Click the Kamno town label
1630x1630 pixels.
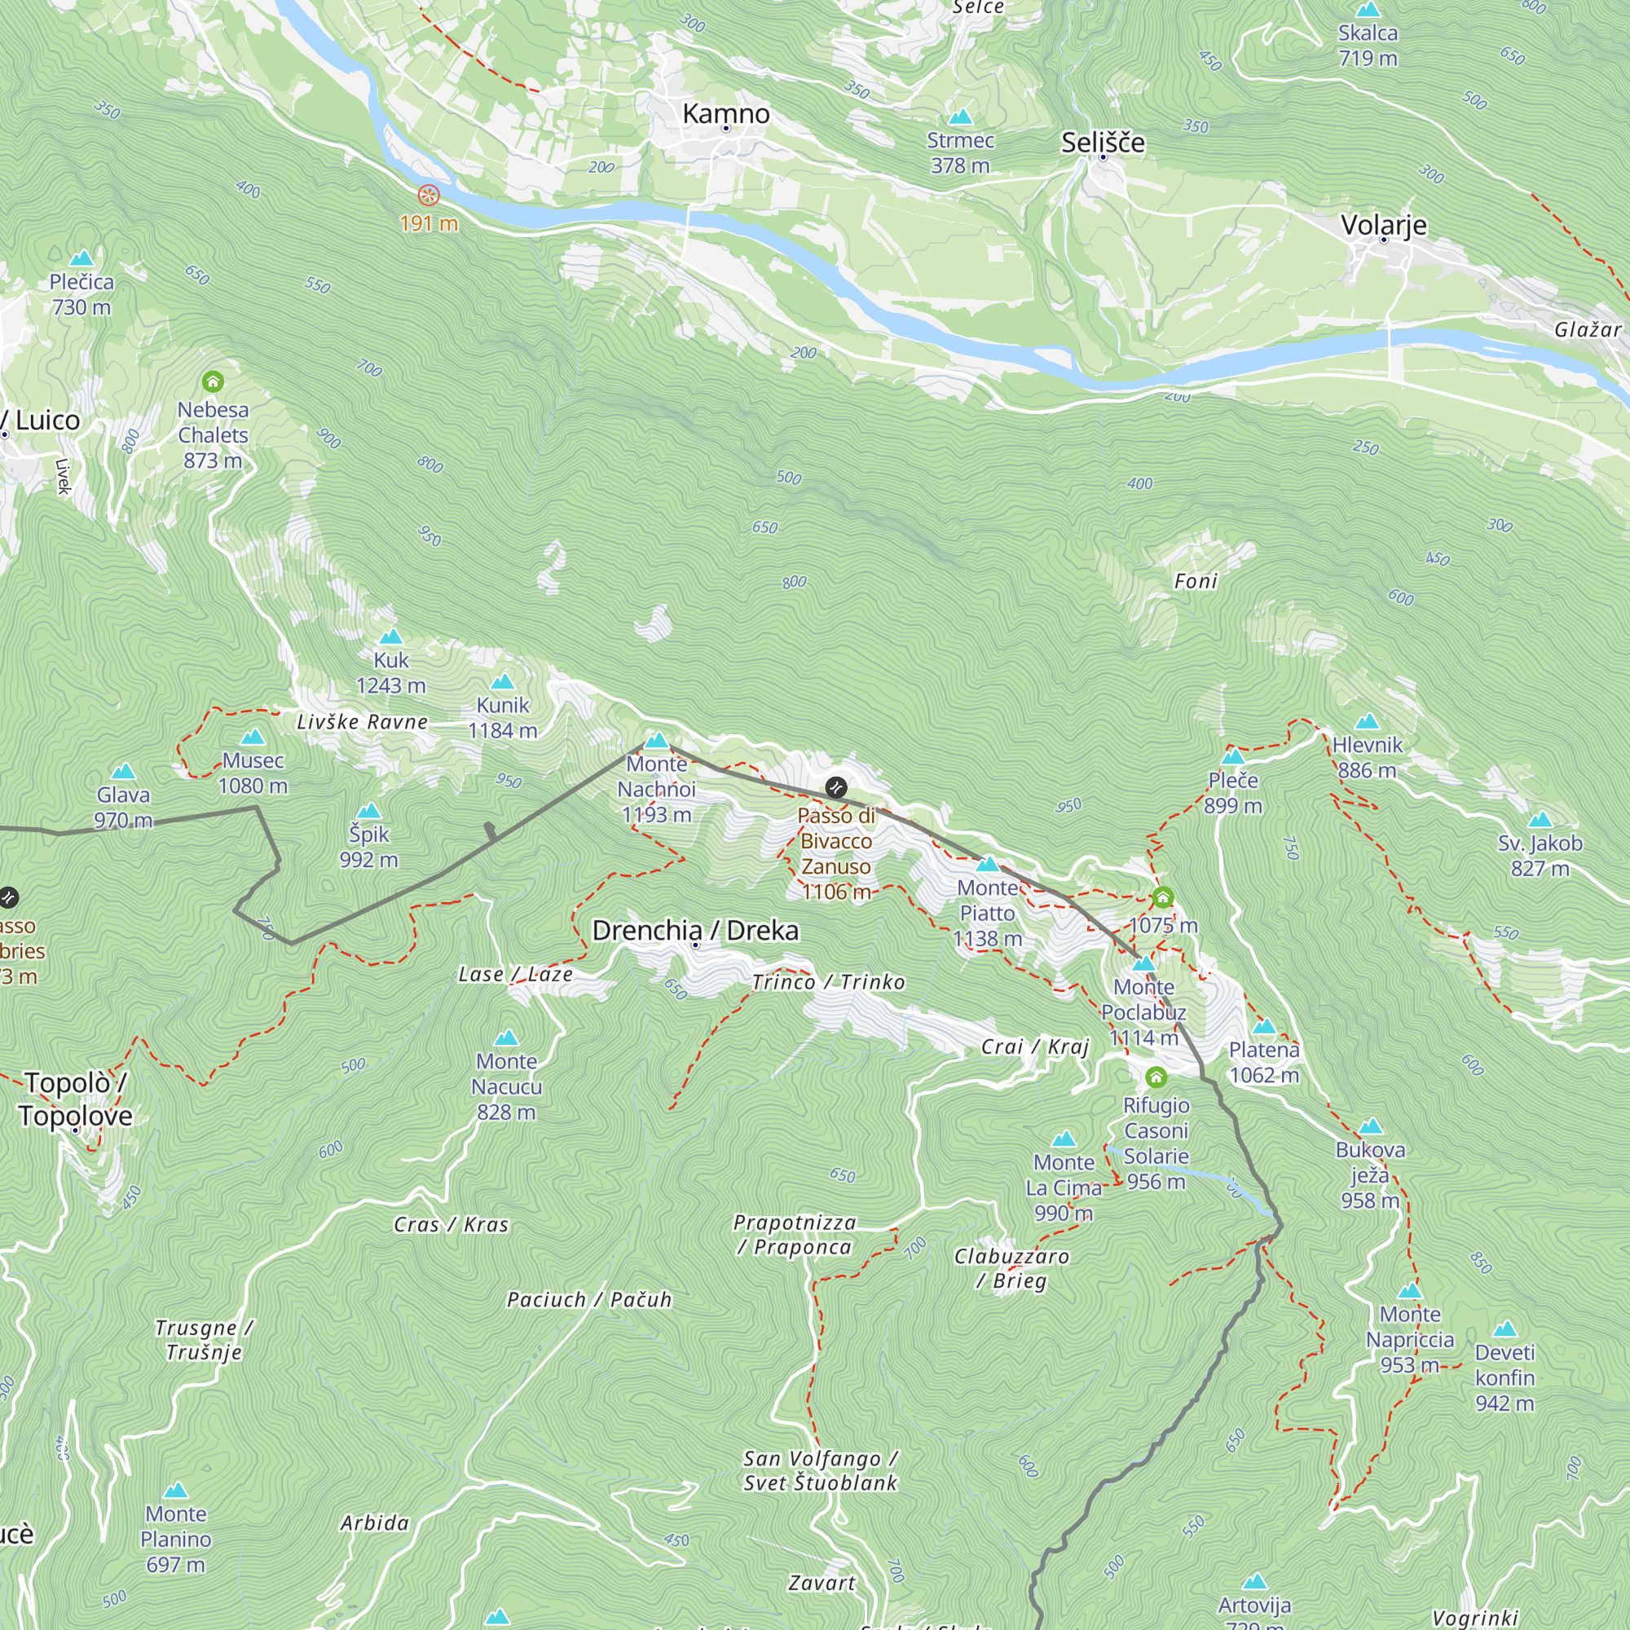[x=725, y=114]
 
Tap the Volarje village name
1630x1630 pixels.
[x=1384, y=225]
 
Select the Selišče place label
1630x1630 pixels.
[x=1103, y=143]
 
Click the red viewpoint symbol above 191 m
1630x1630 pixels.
[x=429, y=196]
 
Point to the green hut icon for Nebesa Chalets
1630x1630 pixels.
[x=213, y=382]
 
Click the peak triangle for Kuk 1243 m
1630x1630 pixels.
[x=390, y=637]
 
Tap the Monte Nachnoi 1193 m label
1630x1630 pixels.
[x=656, y=790]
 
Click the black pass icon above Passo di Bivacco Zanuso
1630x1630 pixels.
[x=836, y=787]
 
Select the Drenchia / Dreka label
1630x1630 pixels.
[x=695, y=931]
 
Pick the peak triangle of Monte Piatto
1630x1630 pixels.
[x=987, y=865]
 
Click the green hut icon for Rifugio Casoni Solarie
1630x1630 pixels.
[x=1156, y=1077]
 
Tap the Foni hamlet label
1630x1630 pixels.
[x=1196, y=581]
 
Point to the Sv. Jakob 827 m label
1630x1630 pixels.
[x=1540, y=856]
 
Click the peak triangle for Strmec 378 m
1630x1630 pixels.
[x=960, y=117]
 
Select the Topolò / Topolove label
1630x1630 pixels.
[x=75, y=1099]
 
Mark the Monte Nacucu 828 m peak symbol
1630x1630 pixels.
[x=506, y=1037]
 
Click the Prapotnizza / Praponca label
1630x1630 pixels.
[x=794, y=1234]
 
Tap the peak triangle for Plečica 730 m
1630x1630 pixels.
[x=81, y=258]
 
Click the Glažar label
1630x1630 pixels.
[x=1587, y=330]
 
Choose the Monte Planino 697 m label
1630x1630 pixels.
[x=175, y=1539]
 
